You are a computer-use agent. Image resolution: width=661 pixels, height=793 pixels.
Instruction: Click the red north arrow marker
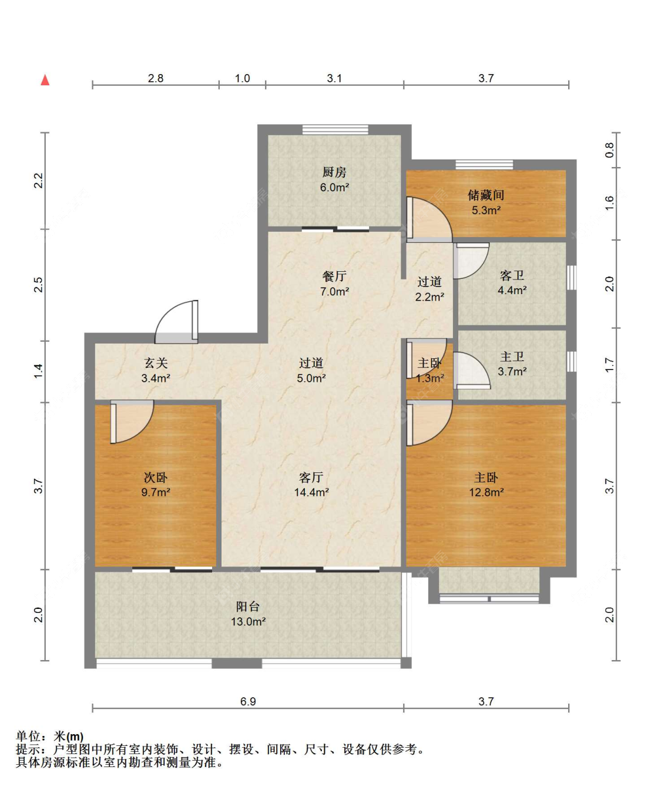45,80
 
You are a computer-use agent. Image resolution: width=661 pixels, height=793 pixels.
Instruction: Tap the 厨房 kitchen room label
334,172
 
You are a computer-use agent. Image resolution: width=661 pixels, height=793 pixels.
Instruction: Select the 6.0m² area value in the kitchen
334,187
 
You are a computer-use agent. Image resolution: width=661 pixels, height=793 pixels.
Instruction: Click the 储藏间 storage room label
486,195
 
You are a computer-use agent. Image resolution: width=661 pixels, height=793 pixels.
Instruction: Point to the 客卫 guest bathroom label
512,275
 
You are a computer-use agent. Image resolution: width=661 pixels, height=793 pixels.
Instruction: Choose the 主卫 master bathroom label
512,356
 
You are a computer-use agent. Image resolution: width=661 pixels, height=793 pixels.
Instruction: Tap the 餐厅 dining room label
334,276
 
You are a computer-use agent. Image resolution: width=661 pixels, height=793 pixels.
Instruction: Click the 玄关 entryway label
156,363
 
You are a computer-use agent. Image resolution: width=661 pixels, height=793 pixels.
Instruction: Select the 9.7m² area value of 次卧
156,492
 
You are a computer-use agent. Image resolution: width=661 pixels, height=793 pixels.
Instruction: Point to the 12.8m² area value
486,492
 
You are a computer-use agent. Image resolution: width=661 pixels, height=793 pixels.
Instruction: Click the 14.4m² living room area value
311,492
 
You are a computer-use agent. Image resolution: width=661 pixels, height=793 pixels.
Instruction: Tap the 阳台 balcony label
248,607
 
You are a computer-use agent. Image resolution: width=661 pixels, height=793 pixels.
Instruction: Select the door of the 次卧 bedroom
132,422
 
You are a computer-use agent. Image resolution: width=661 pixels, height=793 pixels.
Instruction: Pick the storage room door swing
430,219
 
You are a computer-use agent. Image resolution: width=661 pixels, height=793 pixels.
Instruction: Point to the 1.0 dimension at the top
242,78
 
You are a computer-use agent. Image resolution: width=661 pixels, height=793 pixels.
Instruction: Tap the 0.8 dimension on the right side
609,150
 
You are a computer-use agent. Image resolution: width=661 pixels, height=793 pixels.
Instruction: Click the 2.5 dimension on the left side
38,285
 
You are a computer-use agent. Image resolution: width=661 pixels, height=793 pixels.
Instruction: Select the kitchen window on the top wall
335,129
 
